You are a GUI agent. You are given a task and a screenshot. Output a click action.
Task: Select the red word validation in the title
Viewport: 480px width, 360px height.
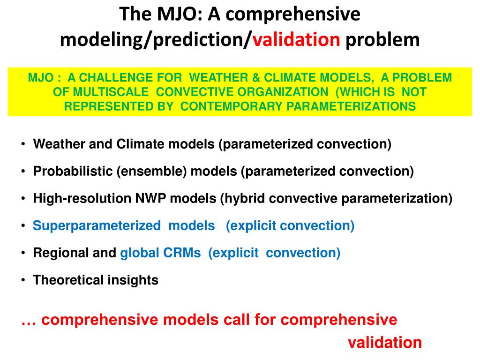click(x=296, y=40)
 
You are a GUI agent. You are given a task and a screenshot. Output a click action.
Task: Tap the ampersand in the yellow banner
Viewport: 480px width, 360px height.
click(x=256, y=77)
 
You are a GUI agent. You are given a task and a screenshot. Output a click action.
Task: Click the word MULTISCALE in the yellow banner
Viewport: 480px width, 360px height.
click(x=111, y=92)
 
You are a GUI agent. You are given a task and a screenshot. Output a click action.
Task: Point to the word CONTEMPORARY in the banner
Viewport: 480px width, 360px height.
click(x=231, y=106)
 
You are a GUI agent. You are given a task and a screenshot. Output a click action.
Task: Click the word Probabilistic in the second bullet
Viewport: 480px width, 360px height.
click(x=73, y=171)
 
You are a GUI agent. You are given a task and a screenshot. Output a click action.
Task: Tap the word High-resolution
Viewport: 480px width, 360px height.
click(x=82, y=198)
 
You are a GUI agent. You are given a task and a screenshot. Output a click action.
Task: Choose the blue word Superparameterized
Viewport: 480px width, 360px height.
click(x=97, y=226)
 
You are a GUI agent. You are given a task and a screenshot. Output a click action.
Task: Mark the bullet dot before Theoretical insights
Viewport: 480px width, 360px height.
click(x=23, y=280)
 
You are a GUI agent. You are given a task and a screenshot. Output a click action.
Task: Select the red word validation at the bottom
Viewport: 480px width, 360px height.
click(x=385, y=342)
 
